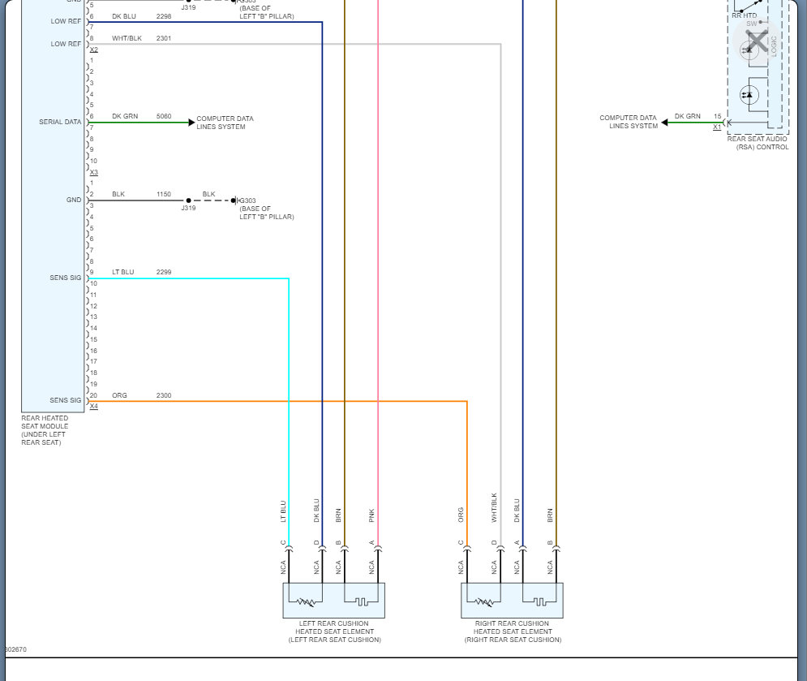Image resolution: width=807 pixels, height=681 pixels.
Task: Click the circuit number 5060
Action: tap(163, 117)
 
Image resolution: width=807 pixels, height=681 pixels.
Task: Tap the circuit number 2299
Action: tap(163, 272)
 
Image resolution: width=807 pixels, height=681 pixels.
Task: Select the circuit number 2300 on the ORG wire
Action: tap(163, 395)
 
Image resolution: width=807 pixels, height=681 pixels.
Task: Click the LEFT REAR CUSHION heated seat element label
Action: tap(334, 631)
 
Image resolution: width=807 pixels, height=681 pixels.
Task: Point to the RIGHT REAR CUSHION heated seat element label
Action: tap(513, 631)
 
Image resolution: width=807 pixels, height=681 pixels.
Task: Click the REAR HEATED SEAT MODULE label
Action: tap(45, 430)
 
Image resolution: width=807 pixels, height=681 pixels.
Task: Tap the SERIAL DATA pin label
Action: tap(60, 122)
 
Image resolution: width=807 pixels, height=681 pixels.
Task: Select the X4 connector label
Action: tap(93, 407)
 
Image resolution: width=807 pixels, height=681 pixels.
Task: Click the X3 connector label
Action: tap(93, 172)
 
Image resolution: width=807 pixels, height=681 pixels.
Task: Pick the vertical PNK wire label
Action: tap(371, 515)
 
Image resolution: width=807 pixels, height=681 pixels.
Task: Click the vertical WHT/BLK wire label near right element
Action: tap(494, 506)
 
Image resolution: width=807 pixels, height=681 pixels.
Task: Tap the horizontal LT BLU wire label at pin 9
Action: tap(122, 272)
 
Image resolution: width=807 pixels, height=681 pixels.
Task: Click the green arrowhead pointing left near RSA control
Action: tap(664, 123)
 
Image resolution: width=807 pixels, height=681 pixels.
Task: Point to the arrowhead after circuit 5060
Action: tap(191, 123)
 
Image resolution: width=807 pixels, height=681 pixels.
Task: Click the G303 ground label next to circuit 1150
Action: tap(248, 200)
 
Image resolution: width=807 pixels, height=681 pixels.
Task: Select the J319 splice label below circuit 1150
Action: tap(188, 209)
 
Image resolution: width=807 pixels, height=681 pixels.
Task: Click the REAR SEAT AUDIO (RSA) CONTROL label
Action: tap(758, 143)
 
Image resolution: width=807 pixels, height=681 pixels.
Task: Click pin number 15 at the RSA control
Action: tap(717, 116)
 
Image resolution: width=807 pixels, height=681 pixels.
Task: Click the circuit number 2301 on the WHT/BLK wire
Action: tap(163, 38)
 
